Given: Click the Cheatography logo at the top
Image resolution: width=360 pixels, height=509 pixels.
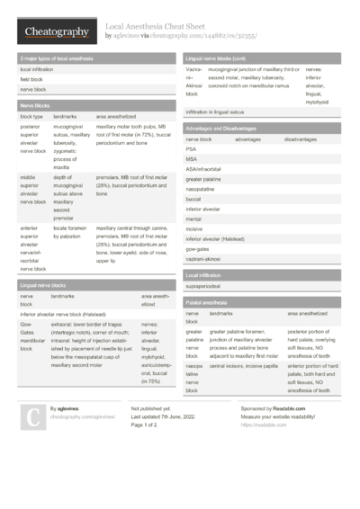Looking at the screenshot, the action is (56, 31).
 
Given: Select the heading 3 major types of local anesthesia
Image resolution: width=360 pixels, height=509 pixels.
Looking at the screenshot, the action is (57, 58).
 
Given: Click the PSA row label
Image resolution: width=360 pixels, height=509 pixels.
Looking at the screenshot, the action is (192, 149).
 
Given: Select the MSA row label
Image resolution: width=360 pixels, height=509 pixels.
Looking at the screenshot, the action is (192, 159).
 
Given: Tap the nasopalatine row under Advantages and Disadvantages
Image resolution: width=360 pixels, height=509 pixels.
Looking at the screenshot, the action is (202, 189).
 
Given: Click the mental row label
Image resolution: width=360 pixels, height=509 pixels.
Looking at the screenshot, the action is (193, 219).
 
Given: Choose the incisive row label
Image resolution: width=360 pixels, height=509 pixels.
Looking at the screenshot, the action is (194, 228).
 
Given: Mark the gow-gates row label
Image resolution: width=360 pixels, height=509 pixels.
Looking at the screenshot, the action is (198, 248).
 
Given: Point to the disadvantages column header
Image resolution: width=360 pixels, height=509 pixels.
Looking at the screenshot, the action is (300, 139).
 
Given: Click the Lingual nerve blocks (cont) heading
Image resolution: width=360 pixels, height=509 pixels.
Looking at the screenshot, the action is (220, 58).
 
